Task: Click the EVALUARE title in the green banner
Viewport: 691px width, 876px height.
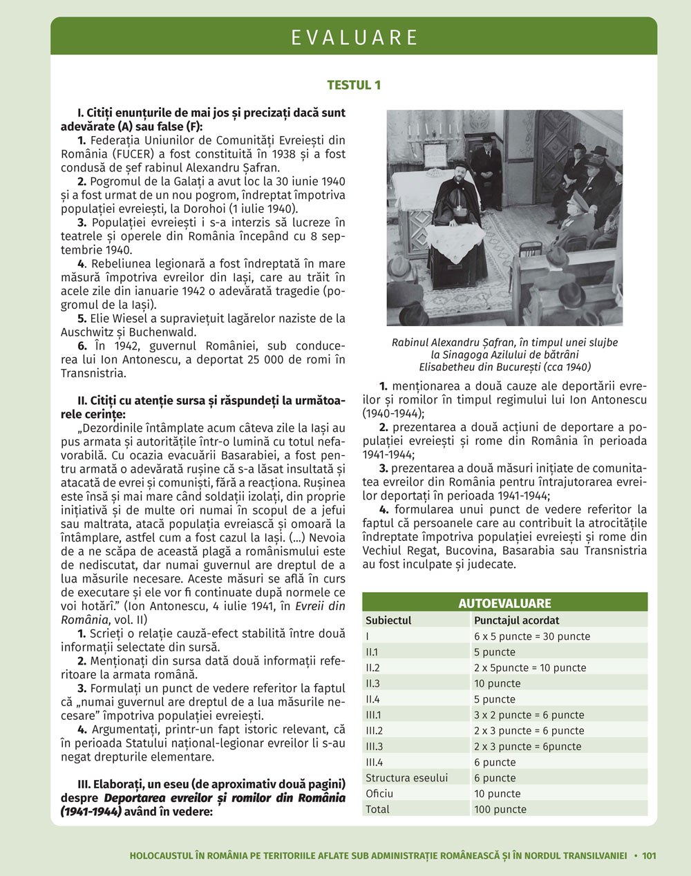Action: (354, 37)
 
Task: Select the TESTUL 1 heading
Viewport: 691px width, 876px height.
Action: (354, 85)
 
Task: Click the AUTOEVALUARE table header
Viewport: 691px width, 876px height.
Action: (504, 603)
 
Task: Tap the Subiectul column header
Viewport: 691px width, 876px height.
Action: (388, 620)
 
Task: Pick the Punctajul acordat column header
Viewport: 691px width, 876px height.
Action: (516, 620)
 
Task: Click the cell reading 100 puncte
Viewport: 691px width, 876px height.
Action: (500, 809)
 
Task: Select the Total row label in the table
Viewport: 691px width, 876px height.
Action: (377, 809)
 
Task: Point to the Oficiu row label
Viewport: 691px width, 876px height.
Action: (379, 794)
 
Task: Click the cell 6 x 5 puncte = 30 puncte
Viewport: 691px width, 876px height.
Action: (531, 636)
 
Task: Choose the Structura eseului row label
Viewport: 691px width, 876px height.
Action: (406, 778)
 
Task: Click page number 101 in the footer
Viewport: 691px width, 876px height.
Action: (649, 855)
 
